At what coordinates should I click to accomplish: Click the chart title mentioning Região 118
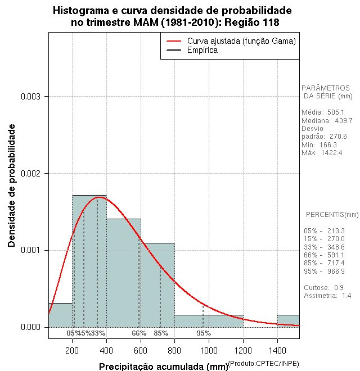(172, 16)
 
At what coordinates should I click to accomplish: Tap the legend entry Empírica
(202, 51)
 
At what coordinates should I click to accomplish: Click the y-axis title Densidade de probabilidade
(12, 185)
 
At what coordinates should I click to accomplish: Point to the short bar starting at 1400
(288, 320)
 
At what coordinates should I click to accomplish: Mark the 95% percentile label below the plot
(204, 333)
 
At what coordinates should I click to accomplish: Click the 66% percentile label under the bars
(139, 333)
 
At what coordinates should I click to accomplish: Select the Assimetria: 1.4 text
(327, 295)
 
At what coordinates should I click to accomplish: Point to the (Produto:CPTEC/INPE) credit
(264, 363)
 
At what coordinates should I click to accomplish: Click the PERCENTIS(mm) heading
(332, 215)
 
